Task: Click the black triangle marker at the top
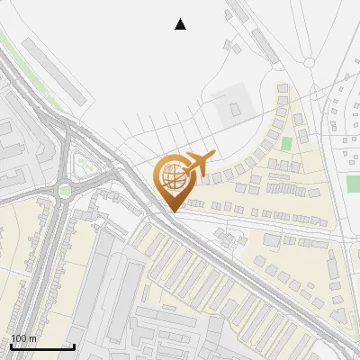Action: click(x=181, y=24)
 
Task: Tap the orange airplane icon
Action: click(x=199, y=164)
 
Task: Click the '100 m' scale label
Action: click(x=23, y=338)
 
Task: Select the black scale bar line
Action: click(x=42, y=346)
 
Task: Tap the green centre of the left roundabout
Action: click(x=65, y=190)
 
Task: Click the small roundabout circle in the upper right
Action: click(x=310, y=63)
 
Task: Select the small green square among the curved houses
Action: click(x=287, y=143)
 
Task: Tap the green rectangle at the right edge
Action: click(x=353, y=184)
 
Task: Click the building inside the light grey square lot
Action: click(x=235, y=109)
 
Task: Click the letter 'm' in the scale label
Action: click(x=32, y=338)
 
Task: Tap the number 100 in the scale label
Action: click(x=19, y=338)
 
